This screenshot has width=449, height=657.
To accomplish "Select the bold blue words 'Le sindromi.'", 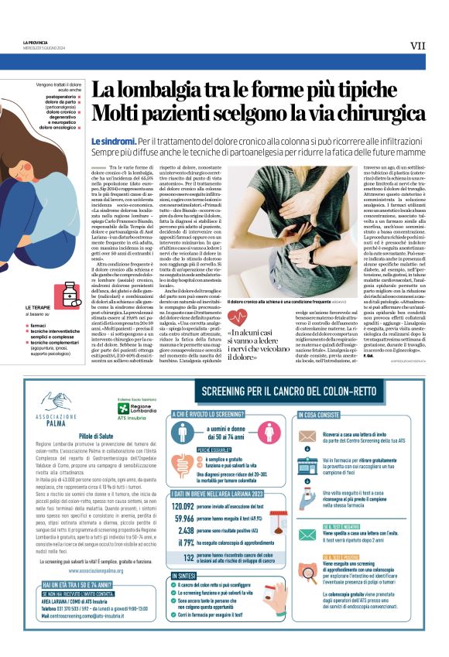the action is (x=113, y=142).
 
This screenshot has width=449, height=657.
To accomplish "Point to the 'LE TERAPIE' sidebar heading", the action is (x=38, y=308).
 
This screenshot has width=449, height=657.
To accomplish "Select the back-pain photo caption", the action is (x=267, y=302).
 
